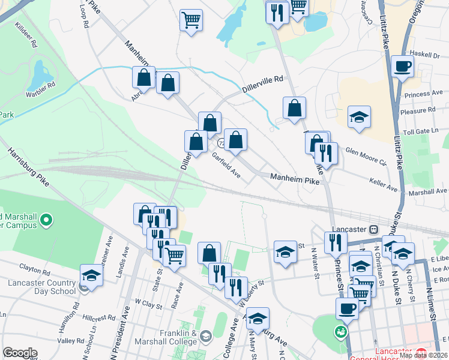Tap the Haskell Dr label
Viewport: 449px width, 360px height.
point(426,55)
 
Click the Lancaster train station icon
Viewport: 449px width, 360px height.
point(373,229)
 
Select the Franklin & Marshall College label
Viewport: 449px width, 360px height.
point(174,338)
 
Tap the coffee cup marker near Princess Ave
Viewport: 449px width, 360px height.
point(403,66)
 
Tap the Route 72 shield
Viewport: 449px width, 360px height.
point(221,143)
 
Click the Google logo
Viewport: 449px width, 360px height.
point(20,353)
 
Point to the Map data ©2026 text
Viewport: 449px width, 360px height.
point(423,355)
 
